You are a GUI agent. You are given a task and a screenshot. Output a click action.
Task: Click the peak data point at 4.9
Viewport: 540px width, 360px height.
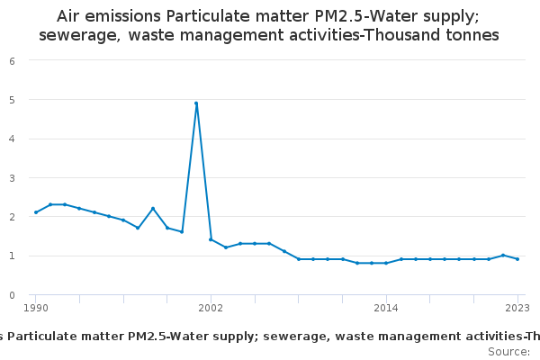196,103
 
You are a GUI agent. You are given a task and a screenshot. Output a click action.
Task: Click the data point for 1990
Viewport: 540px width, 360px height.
36,212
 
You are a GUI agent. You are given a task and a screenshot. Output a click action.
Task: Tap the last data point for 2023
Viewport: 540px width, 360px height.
517,259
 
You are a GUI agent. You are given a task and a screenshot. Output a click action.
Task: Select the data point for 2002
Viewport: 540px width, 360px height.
211,239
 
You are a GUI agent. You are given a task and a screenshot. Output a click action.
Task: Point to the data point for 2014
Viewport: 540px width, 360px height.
386,263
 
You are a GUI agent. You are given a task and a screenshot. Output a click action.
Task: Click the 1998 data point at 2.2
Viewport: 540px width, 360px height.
153,209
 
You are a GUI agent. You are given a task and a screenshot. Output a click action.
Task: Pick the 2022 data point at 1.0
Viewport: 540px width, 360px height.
503,256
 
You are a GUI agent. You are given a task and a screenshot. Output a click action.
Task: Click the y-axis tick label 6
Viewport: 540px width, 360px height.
12,60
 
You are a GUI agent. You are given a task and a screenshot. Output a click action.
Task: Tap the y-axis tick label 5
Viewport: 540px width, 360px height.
12,100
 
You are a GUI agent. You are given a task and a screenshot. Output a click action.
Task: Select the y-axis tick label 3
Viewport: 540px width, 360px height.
12,177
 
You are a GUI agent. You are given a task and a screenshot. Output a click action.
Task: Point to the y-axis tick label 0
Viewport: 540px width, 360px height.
12,294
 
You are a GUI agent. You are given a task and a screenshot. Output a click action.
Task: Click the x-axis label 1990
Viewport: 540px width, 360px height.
36,309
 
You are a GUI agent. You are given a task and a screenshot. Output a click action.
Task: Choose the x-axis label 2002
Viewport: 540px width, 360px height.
211,309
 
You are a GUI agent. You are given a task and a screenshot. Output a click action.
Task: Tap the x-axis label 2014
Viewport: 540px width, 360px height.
386,309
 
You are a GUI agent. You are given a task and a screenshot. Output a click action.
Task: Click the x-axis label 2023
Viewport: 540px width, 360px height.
517,309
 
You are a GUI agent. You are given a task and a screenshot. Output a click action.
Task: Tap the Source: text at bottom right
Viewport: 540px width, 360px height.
508,351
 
